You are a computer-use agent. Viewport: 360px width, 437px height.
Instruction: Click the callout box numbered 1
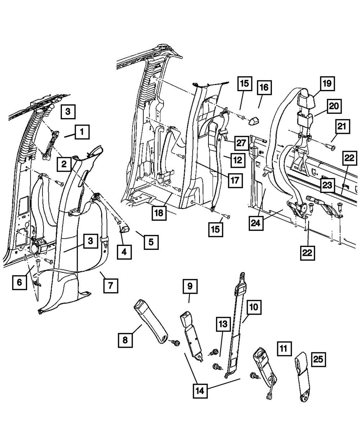[x=82, y=132]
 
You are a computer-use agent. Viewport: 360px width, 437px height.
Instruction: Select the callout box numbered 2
[x=64, y=165]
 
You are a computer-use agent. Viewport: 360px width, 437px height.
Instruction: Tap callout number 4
[x=124, y=252]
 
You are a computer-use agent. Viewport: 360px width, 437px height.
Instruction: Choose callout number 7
[x=110, y=286]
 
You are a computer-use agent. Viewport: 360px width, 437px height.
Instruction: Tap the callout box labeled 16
[x=265, y=87]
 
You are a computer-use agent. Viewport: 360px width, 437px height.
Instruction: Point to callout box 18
[x=159, y=213]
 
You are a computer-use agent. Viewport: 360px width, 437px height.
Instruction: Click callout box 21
[x=341, y=126]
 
